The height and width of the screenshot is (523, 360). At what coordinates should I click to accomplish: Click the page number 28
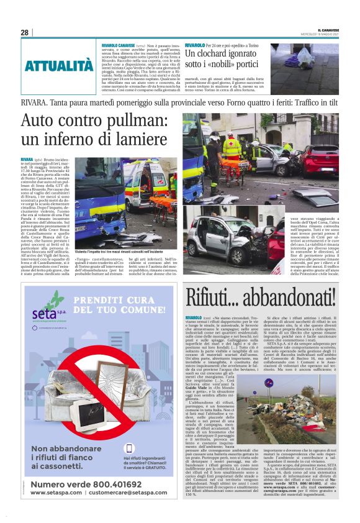(24, 32)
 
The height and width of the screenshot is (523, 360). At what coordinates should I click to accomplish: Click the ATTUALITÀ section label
(59, 65)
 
